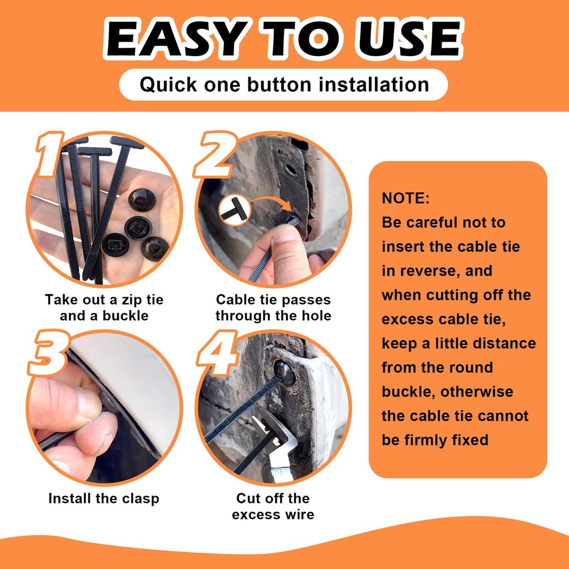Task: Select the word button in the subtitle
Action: pyautogui.click(x=279, y=84)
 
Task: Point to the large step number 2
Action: pyautogui.click(x=214, y=154)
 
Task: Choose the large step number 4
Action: pyautogui.click(x=217, y=352)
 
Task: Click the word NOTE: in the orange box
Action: pyautogui.click(x=405, y=198)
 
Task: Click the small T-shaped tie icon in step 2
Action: pyautogui.click(x=234, y=209)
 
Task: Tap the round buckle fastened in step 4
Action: pyautogui.click(x=284, y=372)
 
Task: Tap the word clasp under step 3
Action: pyautogui.click(x=141, y=499)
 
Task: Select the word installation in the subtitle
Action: pyautogui.click(x=374, y=84)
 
